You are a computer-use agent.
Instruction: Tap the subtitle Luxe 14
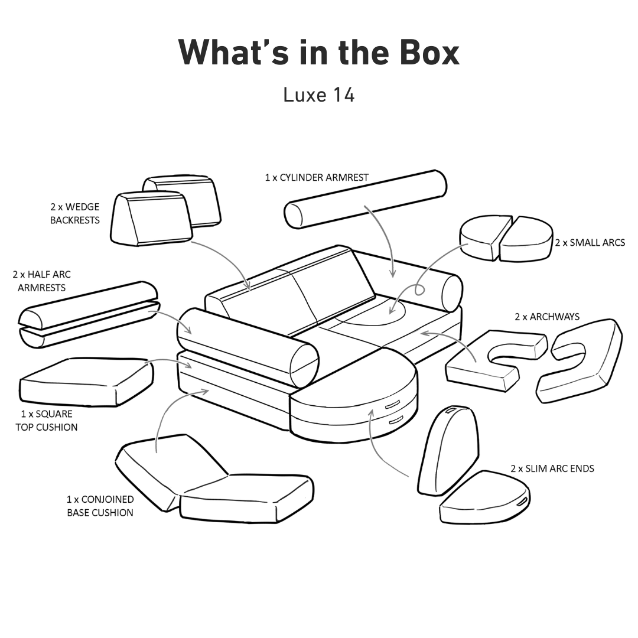point(318,95)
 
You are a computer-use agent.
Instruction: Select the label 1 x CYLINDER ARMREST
point(317,177)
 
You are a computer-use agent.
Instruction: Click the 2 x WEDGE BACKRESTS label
point(75,214)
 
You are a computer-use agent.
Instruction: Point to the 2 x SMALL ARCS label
point(590,242)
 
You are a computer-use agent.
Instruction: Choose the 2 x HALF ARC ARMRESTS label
point(41,281)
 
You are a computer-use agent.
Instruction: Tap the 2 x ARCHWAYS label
point(547,317)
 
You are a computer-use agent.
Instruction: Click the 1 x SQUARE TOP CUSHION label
point(47,421)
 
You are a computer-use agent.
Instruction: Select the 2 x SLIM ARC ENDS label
point(552,468)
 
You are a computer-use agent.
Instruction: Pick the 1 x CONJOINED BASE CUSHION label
point(100,506)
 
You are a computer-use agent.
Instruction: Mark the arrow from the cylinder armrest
point(384,236)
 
